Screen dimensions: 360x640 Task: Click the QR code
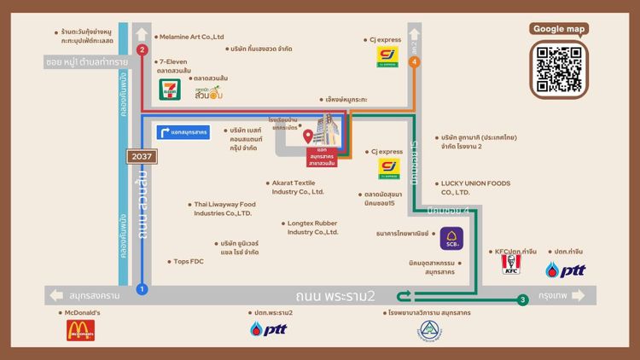[560, 69]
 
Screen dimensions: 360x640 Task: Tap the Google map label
[560, 29]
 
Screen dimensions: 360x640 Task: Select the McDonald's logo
[79, 329]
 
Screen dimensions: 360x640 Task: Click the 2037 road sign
[142, 157]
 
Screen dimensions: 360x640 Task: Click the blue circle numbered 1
[142, 289]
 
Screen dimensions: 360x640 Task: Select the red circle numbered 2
[142, 49]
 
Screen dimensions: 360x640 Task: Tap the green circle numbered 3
[522, 299]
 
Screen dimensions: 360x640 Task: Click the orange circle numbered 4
[415, 61]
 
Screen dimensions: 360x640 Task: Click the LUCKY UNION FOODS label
[474, 188]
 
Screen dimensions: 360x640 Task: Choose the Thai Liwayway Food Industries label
[224, 208]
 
